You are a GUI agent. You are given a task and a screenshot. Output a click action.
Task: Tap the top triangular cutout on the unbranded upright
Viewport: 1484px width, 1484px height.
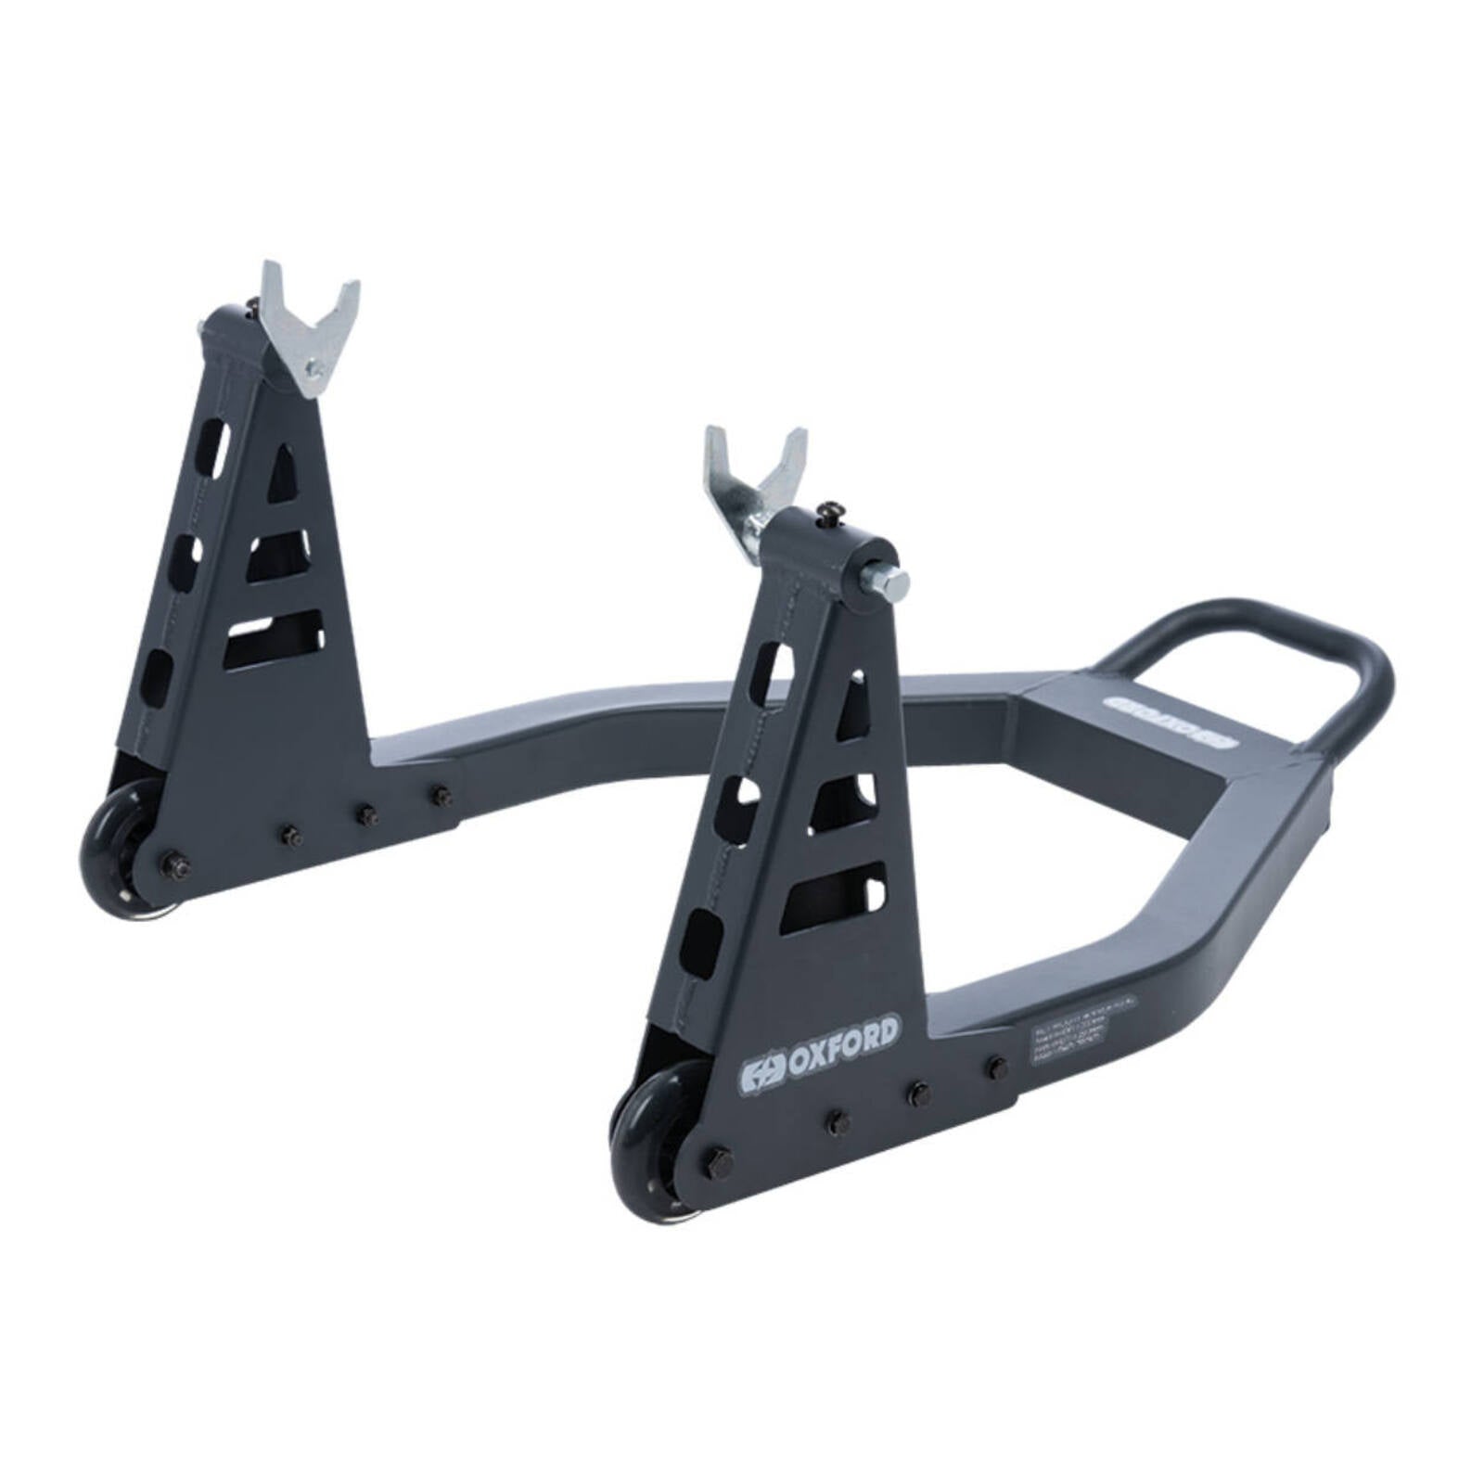(x=284, y=475)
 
